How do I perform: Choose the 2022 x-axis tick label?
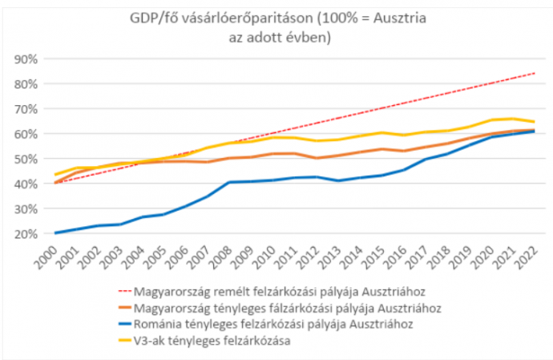click(x=528, y=257)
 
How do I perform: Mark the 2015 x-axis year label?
click(x=373, y=257)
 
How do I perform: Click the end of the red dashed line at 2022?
click(x=535, y=73)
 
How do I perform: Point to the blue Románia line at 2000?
click(x=54, y=233)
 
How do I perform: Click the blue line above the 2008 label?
click(x=231, y=182)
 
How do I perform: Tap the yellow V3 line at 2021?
click(x=513, y=119)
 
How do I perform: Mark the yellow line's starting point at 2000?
click(x=54, y=175)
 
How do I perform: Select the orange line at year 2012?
click(x=317, y=158)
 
